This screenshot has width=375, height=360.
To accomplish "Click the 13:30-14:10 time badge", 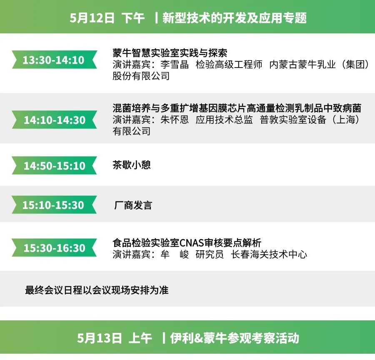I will tap(53, 60).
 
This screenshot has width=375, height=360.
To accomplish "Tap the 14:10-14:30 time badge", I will tap(54, 120).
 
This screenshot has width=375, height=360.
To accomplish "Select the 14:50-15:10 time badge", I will tap(54, 166).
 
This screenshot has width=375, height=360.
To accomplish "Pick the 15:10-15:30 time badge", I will tap(53, 205).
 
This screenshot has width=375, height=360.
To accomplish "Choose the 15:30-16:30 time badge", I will tap(54, 248).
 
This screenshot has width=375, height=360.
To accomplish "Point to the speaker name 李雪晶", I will tap(175, 65).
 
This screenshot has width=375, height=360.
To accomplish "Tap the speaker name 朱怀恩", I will tap(175, 120).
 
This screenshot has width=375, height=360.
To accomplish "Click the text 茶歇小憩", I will tap(131, 165).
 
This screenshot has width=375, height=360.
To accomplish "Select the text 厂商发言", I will tap(133, 205).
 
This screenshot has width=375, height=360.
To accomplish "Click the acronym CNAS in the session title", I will tap(192, 243).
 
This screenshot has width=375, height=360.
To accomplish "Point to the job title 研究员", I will tap(210, 254).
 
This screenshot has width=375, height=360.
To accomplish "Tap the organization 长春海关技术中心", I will tap(269, 254).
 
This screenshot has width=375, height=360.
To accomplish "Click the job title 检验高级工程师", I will tap(229, 65).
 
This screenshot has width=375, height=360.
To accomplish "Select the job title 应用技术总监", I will tap(224, 120).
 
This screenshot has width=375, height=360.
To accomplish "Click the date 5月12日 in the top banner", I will tap(92, 18).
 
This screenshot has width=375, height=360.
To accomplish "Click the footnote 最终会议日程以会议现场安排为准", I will tap(97, 290).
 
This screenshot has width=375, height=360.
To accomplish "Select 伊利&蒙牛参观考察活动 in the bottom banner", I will tap(235, 338).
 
